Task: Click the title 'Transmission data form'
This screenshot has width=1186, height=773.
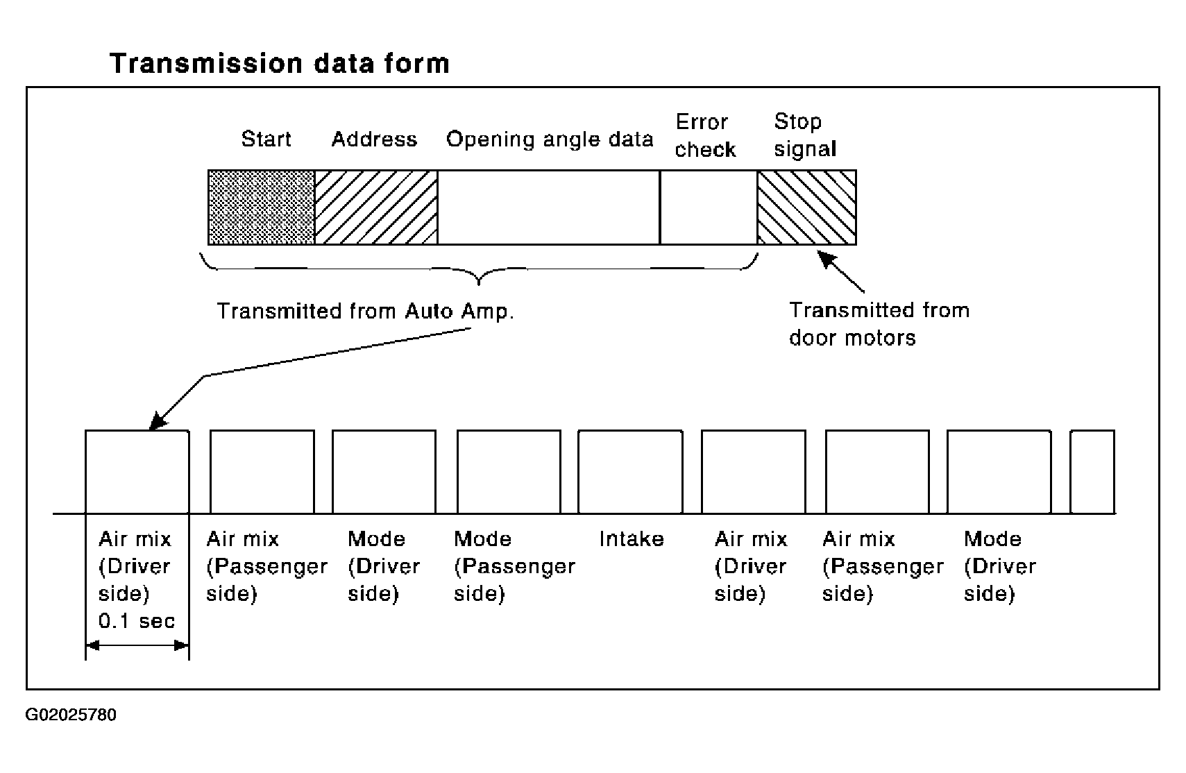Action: pos(280,63)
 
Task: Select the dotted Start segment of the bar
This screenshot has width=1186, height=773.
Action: pos(262,207)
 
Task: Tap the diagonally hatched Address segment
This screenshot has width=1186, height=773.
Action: pos(376,207)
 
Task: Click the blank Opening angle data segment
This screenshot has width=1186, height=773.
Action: pos(548,207)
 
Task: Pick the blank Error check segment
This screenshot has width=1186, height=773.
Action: pos(709,207)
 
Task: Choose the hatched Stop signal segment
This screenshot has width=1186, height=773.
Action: pos(807,207)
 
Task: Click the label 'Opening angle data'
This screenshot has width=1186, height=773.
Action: pos(550,139)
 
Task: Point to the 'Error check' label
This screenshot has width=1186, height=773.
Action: pos(704,135)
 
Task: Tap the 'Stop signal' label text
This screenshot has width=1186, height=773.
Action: pos(805,135)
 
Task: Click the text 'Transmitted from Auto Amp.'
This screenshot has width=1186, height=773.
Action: pos(365,311)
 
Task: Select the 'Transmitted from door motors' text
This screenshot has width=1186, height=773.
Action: pos(879,323)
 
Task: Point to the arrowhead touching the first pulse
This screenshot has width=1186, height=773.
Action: pos(158,421)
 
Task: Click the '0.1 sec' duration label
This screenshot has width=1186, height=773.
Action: pos(137,620)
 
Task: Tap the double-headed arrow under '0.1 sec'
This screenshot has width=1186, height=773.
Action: pos(137,645)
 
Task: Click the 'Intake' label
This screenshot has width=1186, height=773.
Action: pos(631,539)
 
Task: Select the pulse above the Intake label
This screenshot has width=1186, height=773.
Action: pos(630,472)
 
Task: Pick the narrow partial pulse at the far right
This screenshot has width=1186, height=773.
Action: pos(1092,472)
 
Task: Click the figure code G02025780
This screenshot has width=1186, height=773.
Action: pos(71,715)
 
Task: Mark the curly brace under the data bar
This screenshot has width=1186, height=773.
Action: pos(479,269)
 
